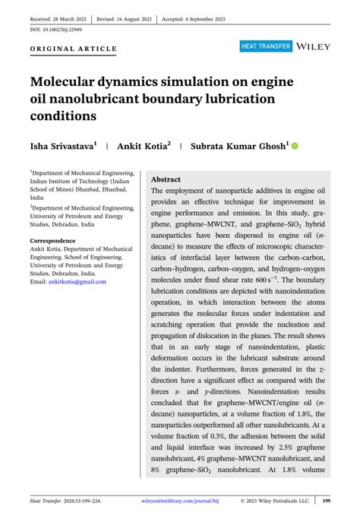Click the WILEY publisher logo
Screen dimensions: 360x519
314,46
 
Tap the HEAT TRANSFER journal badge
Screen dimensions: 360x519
266,46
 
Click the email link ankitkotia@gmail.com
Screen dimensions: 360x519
77,281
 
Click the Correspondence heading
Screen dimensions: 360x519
58,241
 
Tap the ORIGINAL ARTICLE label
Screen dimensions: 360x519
74,49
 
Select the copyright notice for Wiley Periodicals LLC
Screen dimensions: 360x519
275,501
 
